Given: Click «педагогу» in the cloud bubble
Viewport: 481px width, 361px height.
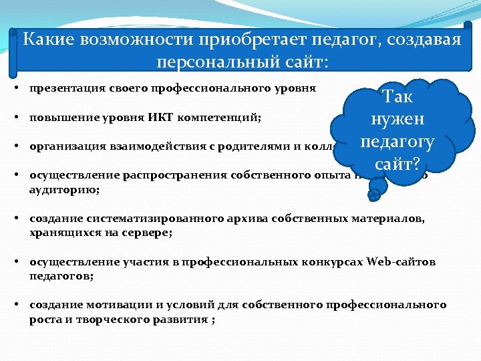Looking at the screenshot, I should tap(397, 142).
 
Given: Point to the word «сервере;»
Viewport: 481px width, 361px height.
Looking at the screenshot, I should tap(147, 233).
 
